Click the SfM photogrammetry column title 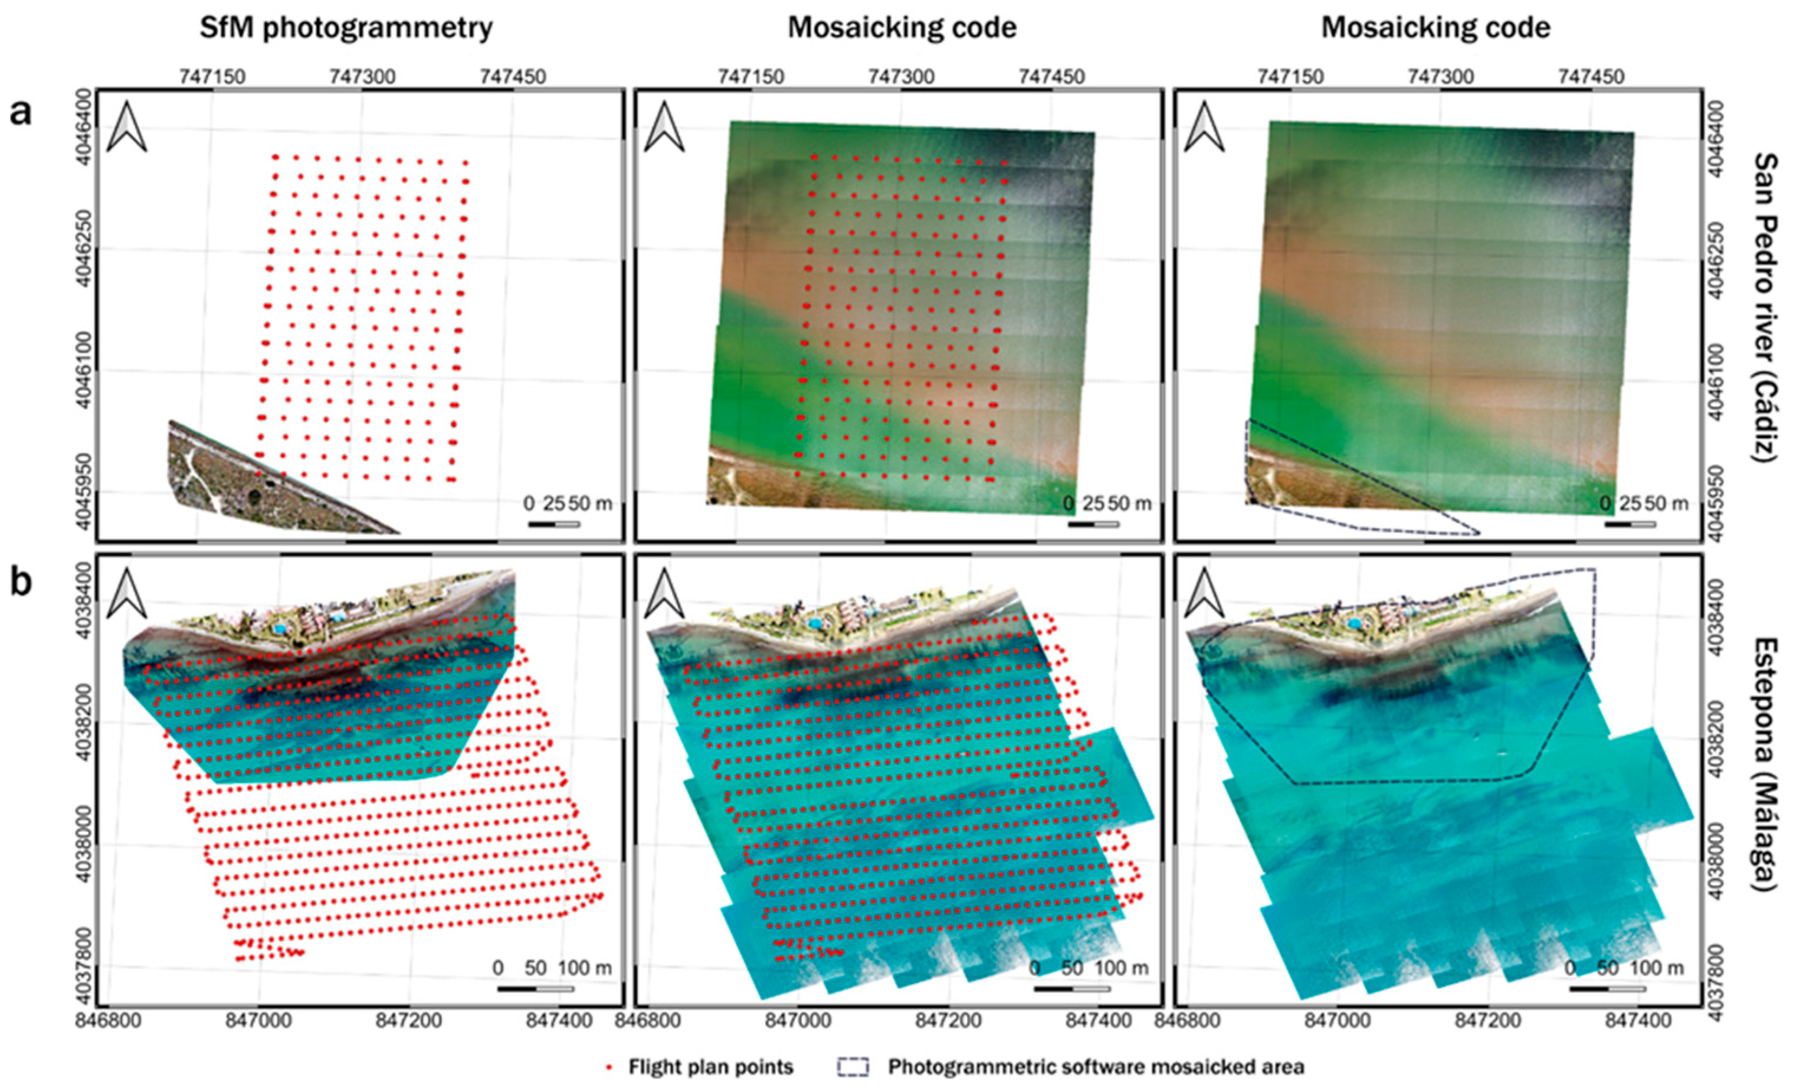click(x=346, y=28)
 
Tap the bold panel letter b click(x=21, y=584)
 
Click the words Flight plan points click(x=711, y=1067)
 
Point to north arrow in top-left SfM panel click(x=127, y=127)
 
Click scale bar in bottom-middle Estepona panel click(x=1071, y=989)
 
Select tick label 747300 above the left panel click(x=362, y=76)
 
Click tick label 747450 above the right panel click(x=1591, y=76)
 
